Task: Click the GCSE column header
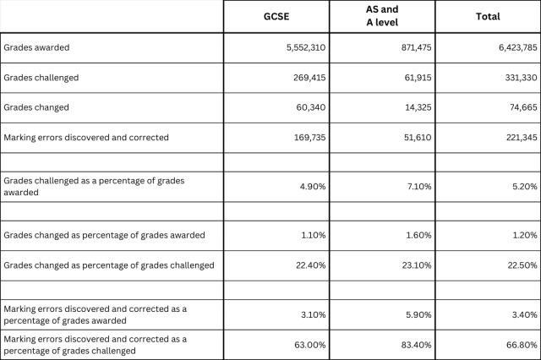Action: (x=276, y=17)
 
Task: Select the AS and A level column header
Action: (x=382, y=16)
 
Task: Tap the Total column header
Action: (x=488, y=17)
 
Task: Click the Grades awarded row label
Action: (x=36, y=47)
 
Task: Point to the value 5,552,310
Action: (x=306, y=47)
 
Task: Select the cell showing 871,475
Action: (x=416, y=47)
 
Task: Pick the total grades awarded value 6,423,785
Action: (x=518, y=47)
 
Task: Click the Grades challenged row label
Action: (x=41, y=78)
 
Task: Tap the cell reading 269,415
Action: (x=309, y=78)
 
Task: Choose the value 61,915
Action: (x=418, y=78)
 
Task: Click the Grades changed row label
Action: (x=36, y=107)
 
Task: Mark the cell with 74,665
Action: (x=523, y=107)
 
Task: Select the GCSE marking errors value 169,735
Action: (x=309, y=138)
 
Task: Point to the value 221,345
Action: (x=522, y=138)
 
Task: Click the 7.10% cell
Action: (x=418, y=187)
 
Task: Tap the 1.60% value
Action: (x=419, y=235)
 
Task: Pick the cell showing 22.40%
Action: (x=310, y=265)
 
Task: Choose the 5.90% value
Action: (x=418, y=315)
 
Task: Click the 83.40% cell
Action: (x=416, y=345)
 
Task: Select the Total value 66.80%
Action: (x=522, y=345)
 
